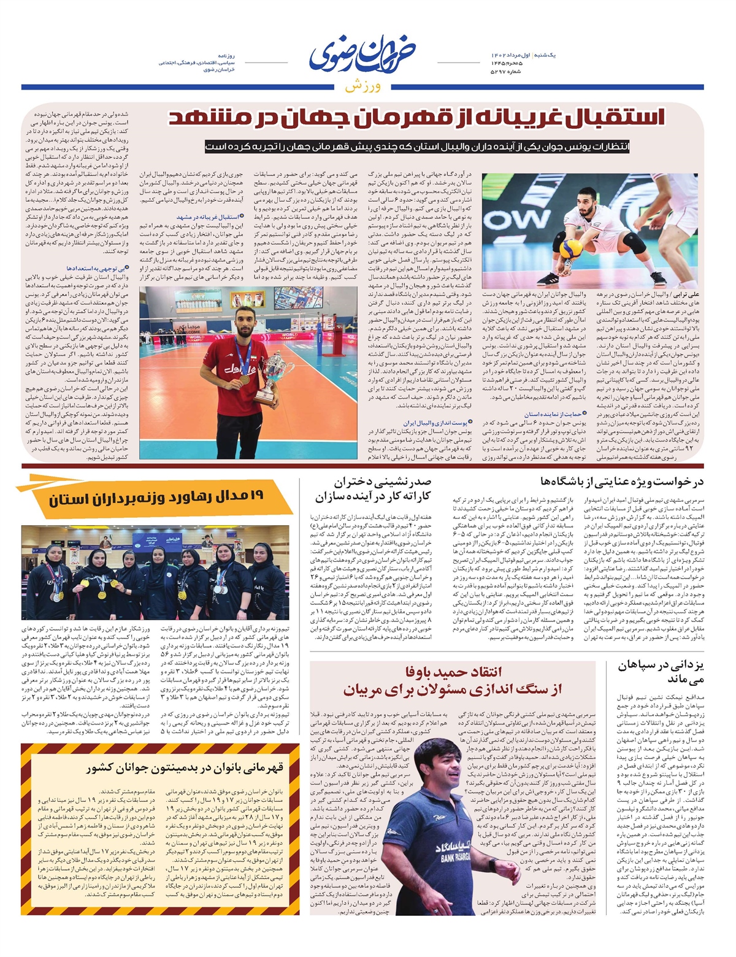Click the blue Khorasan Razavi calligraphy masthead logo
pos(362,56)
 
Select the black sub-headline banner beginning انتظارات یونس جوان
pos(418,147)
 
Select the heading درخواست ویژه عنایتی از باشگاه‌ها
pos(622,482)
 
